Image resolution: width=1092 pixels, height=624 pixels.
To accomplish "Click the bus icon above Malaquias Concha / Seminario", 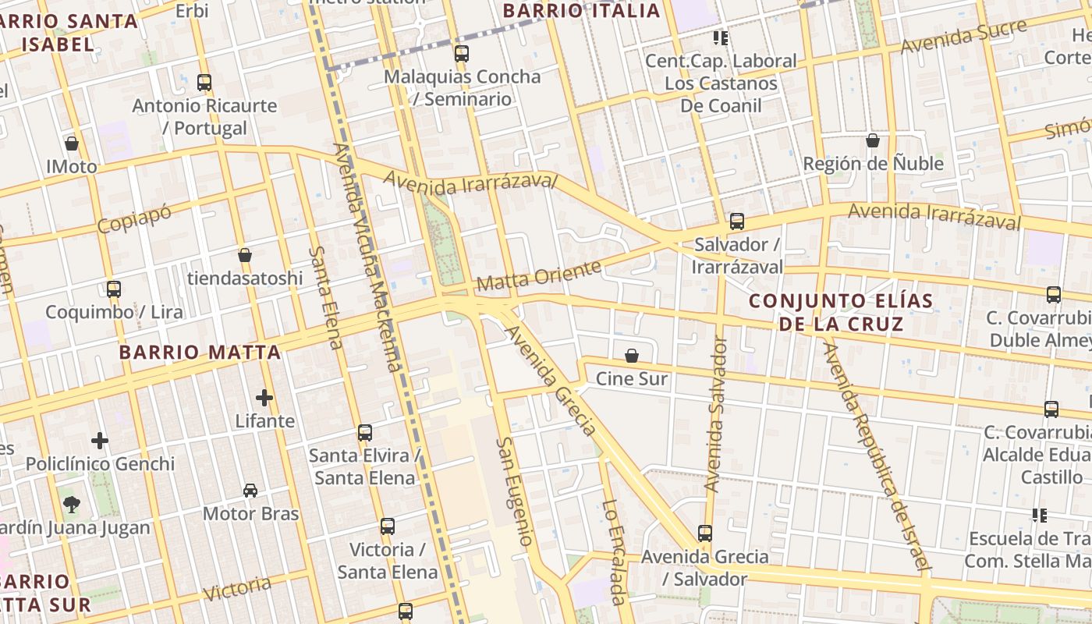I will click(x=462, y=54).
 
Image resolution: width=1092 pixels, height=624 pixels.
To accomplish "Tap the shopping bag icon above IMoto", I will click(x=72, y=144).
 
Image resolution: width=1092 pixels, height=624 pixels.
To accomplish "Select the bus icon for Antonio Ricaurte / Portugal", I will click(x=204, y=82).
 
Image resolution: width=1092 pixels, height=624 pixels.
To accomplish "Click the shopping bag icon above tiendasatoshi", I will click(x=245, y=255).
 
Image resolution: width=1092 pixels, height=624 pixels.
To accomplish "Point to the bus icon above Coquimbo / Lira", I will click(x=114, y=289).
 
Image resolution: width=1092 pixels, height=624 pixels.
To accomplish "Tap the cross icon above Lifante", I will click(x=264, y=398).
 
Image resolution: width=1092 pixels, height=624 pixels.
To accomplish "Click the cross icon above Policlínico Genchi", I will click(x=100, y=441).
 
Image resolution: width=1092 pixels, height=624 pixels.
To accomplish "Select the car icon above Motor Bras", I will click(x=250, y=491).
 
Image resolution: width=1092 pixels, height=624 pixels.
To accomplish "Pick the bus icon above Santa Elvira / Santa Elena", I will click(x=364, y=432).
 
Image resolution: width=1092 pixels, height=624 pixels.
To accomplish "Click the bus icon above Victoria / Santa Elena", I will click(x=387, y=526).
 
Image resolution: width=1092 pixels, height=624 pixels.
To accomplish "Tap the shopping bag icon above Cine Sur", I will click(x=632, y=356).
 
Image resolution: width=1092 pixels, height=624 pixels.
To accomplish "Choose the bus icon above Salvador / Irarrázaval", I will click(x=737, y=222).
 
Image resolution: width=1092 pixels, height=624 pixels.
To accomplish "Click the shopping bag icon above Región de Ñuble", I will click(x=873, y=140).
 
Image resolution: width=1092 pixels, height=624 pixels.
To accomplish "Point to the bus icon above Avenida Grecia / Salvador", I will click(x=705, y=534).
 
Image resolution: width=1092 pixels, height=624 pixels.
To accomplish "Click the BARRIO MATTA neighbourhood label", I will click(x=200, y=353).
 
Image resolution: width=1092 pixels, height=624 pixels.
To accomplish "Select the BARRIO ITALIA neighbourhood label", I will click(x=581, y=11).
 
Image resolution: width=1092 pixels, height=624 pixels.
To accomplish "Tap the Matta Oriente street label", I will click(x=539, y=277).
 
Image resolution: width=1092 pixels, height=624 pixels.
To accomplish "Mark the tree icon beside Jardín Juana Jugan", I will click(x=72, y=505).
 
